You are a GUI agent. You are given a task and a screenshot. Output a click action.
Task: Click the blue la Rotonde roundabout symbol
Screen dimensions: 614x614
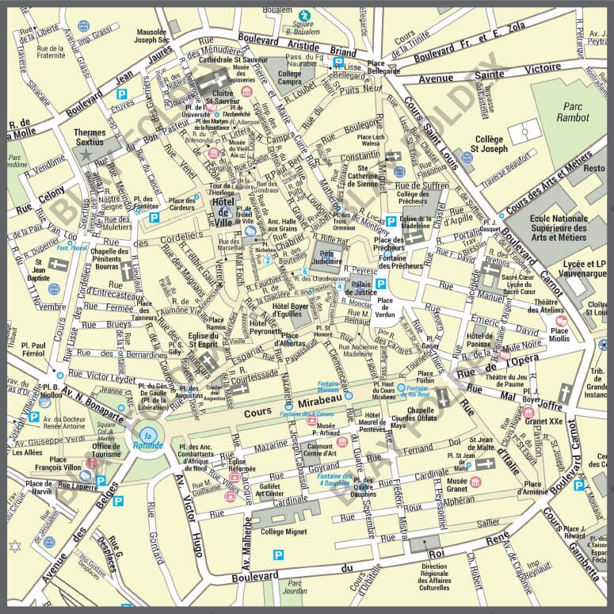147,435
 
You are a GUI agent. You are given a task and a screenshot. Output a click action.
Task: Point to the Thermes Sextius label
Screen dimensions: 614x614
94,137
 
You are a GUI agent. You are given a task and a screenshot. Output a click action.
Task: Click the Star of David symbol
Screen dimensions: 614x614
13,546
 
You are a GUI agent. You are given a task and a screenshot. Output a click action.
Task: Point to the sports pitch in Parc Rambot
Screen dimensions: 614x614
522,133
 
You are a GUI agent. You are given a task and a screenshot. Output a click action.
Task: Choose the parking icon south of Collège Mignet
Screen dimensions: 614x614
277,555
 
